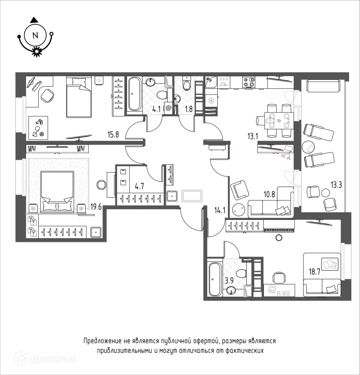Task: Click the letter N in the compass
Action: [35, 36]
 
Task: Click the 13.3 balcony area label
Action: [336, 184]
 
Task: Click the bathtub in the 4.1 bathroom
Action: [134, 94]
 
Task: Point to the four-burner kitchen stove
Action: [249, 82]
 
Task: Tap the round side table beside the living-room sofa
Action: [238, 210]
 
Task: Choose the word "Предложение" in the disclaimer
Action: [102, 341]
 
